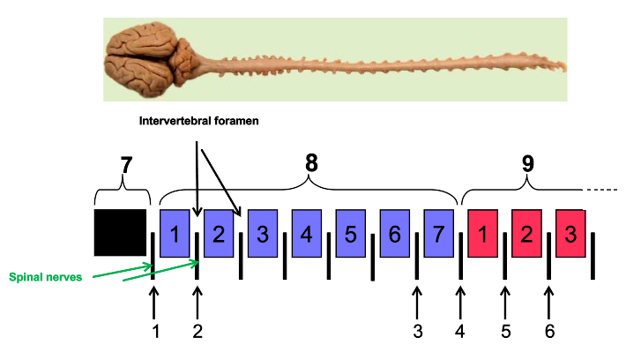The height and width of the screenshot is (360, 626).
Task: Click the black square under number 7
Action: [x=120, y=233]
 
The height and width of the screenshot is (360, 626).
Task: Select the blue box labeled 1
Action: [x=175, y=233]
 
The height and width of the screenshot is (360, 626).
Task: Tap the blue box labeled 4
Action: [x=306, y=233]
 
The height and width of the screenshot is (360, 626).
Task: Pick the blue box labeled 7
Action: [x=438, y=233]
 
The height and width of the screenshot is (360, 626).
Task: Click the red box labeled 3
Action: [x=570, y=233]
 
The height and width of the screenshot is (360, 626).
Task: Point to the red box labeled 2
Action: [x=526, y=233]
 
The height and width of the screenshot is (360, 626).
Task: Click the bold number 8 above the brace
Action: [x=310, y=163]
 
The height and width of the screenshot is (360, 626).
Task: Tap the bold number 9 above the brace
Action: [x=527, y=163]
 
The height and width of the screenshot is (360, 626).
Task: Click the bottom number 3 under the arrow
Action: [x=417, y=331]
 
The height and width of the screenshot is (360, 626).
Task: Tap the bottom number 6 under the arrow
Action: [x=549, y=331]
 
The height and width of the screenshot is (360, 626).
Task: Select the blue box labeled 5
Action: [x=350, y=233]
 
